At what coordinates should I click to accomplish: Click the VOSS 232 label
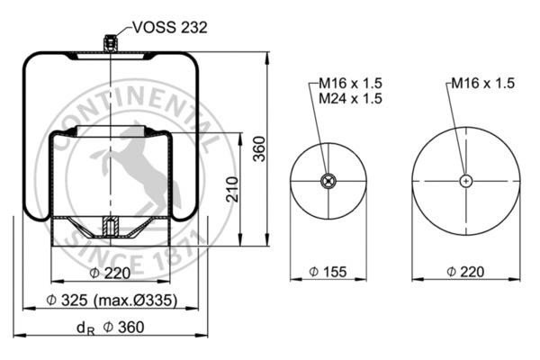(170, 28)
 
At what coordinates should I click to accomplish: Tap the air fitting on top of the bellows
(110, 43)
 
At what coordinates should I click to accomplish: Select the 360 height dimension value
(260, 148)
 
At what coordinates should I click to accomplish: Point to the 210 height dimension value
(232, 189)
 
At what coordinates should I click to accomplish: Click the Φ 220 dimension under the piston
(110, 274)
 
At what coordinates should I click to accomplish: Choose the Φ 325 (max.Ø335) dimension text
(112, 301)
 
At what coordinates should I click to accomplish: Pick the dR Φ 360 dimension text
(110, 328)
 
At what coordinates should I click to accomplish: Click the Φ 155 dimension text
(328, 272)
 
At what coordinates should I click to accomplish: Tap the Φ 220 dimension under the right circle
(465, 272)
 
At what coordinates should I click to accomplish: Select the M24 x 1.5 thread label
(351, 98)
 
